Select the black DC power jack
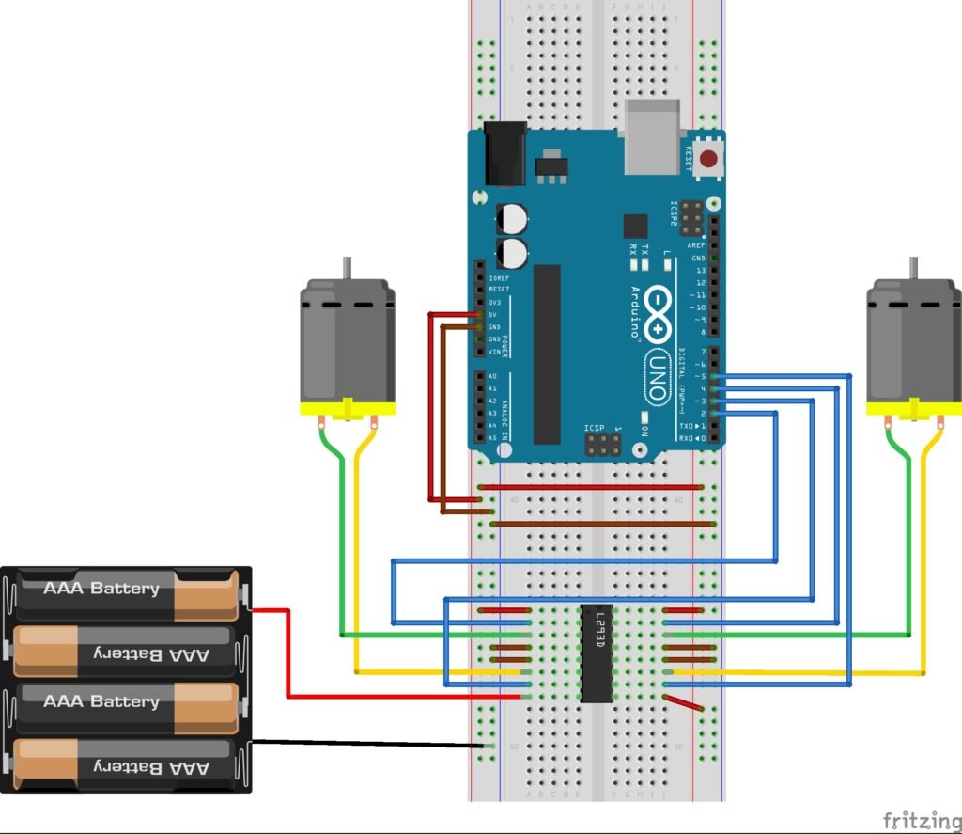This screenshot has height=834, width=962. pyautogui.click(x=504, y=154)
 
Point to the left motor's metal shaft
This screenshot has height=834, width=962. pyautogui.click(x=347, y=269)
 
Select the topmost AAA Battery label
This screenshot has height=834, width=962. pyautogui.click(x=101, y=589)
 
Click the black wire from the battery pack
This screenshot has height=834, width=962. pyautogui.click(x=366, y=744)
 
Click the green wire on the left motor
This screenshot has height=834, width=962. pyautogui.click(x=339, y=545)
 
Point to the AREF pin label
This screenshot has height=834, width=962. pyautogui.click(x=696, y=244)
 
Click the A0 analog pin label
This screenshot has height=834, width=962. pyautogui.click(x=492, y=376)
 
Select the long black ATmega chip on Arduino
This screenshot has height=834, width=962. pyautogui.click(x=547, y=354)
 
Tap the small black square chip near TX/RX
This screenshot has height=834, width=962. pyautogui.click(x=635, y=226)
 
